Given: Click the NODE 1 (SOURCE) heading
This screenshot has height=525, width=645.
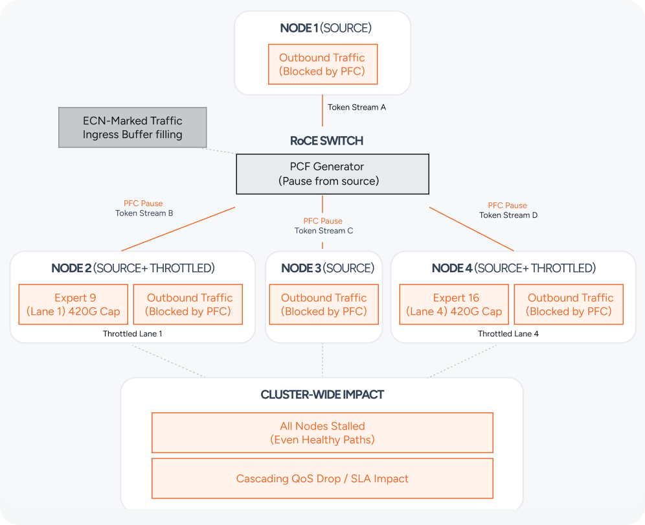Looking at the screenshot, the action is (326, 28).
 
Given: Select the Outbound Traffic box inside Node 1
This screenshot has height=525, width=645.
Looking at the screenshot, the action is (322, 64).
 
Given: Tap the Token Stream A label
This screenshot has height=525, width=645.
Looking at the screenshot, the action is (357, 108).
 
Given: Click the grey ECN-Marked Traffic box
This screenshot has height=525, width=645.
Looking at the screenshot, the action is (133, 127).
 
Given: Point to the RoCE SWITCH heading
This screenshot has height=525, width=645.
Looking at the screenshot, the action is (326, 141).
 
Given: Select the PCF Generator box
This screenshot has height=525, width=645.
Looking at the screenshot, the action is (332, 174).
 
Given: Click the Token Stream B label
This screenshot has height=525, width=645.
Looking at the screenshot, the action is (144, 213).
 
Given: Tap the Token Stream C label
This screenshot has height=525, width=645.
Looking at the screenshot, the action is (324, 231).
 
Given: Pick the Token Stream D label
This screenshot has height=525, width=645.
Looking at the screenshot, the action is (508, 215).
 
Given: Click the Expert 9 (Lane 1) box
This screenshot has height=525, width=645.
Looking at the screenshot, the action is (73, 304).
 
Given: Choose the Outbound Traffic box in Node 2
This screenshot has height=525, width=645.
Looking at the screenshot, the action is (188, 304).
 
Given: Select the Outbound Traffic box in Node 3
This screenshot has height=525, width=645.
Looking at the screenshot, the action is (324, 304).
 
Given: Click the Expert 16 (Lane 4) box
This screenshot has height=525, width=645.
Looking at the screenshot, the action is (454, 304).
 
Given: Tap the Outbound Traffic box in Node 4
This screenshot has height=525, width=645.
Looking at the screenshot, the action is (569, 304).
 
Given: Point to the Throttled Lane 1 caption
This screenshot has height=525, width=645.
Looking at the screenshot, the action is (133, 334).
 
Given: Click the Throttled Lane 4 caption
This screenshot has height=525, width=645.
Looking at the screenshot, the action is (508, 334).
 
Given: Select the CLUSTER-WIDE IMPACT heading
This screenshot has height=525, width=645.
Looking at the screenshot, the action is (322, 395).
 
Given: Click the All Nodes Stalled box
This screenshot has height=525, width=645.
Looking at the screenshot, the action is (322, 433).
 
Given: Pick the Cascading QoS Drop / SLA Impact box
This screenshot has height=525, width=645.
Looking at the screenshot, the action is (322, 478).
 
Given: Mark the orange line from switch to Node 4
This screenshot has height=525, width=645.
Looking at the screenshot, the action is (472, 229).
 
